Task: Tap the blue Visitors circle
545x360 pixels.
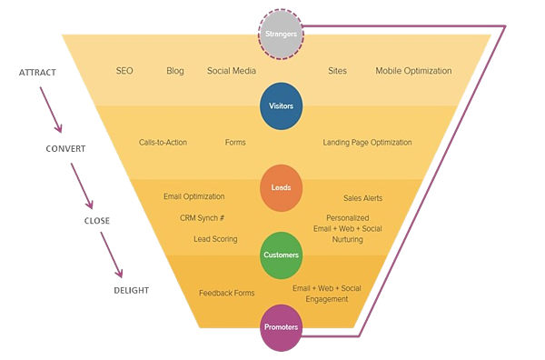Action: pyautogui.click(x=281, y=105)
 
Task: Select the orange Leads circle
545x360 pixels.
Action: pyautogui.click(x=281, y=187)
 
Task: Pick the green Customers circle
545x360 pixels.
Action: pyautogui.click(x=281, y=255)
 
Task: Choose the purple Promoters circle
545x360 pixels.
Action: pyautogui.click(x=281, y=327)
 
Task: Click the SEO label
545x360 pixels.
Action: pyautogui.click(x=125, y=71)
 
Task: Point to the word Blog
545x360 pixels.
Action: pyautogui.click(x=175, y=71)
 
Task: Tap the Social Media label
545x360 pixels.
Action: pyautogui.click(x=231, y=71)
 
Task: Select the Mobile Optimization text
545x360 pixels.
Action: pyautogui.click(x=413, y=71)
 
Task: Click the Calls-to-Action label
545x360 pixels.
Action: pyautogui.click(x=163, y=143)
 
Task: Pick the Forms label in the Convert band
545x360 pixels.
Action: pyautogui.click(x=235, y=143)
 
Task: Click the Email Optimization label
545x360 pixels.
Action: pyautogui.click(x=193, y=196)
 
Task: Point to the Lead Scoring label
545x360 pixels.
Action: pyautogui.click(x=215, y=239)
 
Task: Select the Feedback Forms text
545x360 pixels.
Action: pyautogui.click(x=226, y=293)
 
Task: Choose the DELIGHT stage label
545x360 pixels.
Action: pyautogui.click(x=132, y=290)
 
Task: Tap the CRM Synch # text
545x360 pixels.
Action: pyautogui.click(x=202, y=218)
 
